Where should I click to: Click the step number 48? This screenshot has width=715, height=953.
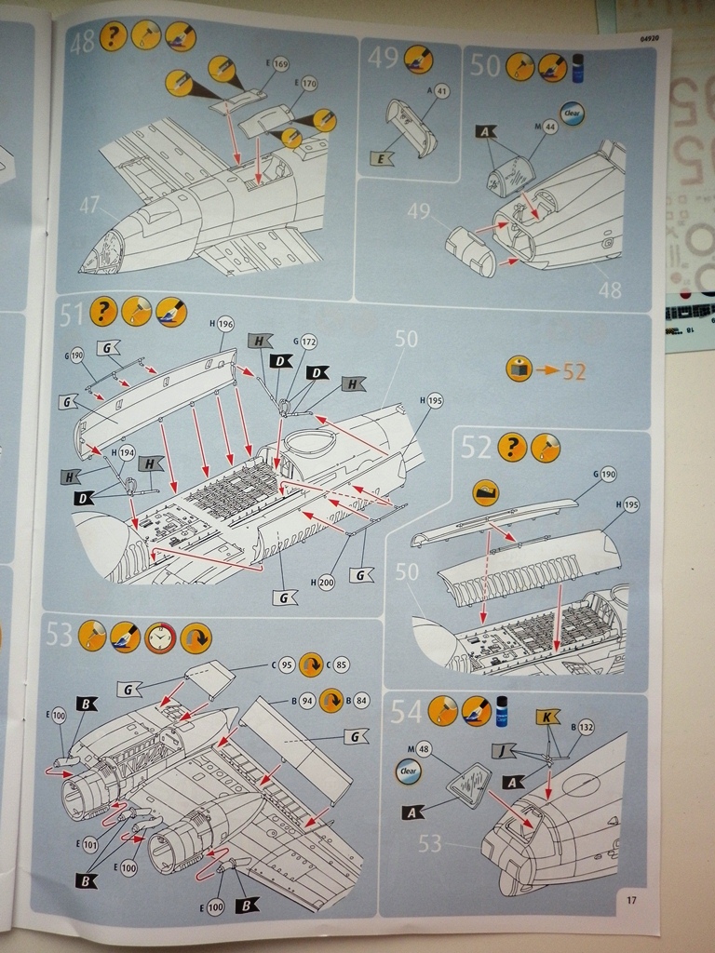pos(81,42)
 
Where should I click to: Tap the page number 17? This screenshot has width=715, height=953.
pos(631,900)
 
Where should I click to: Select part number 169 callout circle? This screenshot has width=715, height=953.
pos(280,64)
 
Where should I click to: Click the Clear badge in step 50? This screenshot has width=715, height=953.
pos(572,113)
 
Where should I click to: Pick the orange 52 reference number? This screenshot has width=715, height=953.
pos(573,370)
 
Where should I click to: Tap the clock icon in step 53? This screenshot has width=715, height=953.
pos(160,638)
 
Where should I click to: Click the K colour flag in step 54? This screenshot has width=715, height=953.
pos(548,718)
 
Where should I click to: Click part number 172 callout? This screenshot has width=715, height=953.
pos(309,342)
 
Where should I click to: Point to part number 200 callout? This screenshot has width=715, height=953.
pos(325,583)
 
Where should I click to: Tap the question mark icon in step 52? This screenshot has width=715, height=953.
pos(511,448)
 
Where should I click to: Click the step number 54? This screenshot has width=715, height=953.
pos(406,712)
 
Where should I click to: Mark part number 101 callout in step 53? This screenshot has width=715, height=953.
pos(89,845)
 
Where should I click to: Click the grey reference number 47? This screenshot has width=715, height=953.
pos(89,205)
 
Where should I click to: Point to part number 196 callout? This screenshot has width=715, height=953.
pos(224,324)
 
